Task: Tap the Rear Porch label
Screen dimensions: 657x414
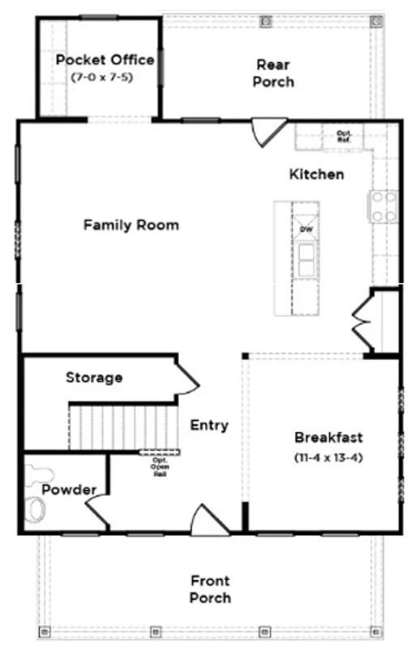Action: tap(273, 73)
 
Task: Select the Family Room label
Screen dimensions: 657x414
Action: tap(131, 225)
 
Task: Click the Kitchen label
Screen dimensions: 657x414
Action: tap(317, 174)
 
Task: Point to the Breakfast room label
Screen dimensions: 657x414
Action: tap(328, 437)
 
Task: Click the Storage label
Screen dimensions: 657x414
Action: tap(94, 377)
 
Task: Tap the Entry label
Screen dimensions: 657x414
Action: tap(209, 425)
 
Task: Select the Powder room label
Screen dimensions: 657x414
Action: tap(69, 490)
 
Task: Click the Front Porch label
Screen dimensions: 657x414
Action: tap(210, 589)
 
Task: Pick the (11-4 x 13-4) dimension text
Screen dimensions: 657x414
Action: tap(328, 457)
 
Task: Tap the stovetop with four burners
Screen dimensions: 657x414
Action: tap(384, 207)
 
